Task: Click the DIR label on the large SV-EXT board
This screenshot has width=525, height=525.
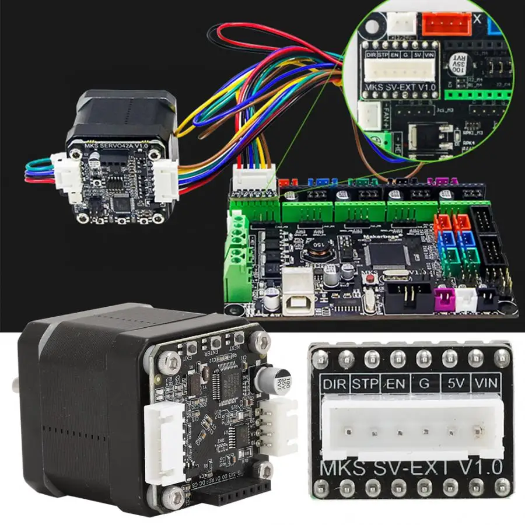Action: tap(334, 385)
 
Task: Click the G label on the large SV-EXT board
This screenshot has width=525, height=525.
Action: tap(425, 385)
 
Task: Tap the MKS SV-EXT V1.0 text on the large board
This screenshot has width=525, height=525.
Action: tap(411, 467)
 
